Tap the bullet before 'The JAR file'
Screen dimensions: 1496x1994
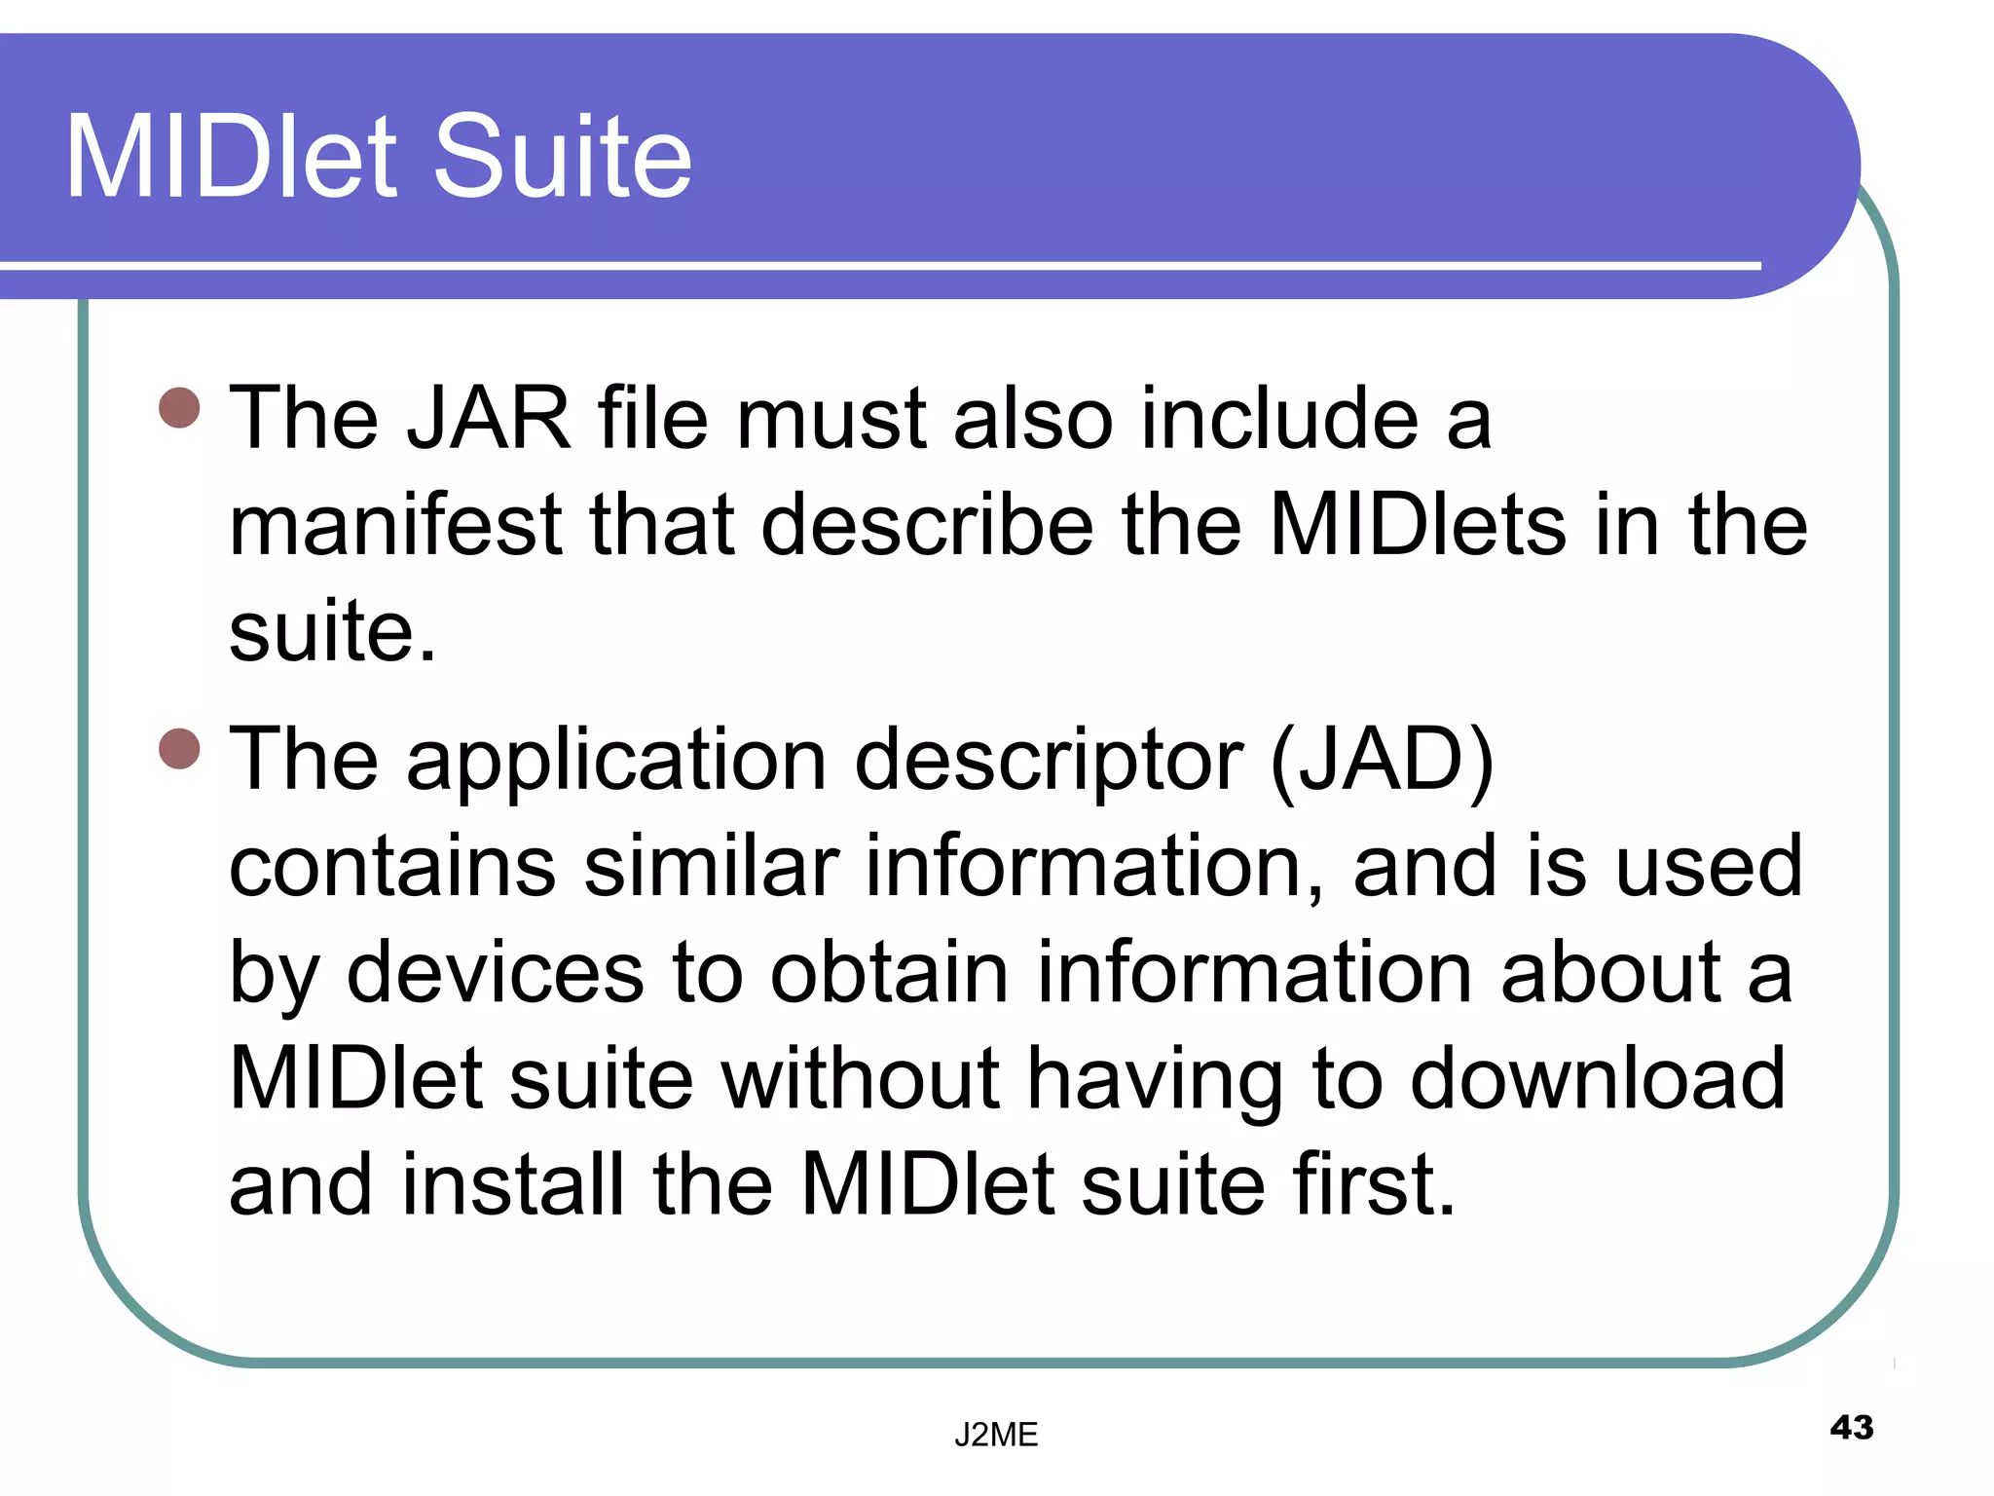179,408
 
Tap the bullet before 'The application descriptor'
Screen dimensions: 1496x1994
179,749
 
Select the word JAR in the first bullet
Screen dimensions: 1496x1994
488,419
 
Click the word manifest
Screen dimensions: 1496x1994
395,526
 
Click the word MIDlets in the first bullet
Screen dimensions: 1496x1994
1418,526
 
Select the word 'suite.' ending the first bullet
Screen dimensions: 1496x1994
332,633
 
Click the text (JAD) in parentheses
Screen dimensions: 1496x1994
1382,761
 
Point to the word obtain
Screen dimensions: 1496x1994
889,973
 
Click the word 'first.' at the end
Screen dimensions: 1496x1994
1373,1185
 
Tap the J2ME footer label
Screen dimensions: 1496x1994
996,1435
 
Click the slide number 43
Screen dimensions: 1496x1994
1851,1428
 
